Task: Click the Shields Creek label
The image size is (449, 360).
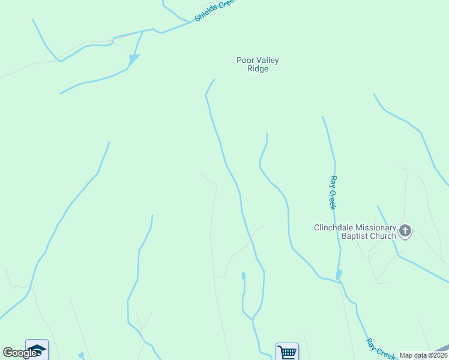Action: [215, 10]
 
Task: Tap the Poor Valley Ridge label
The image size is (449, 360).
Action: [258, 64]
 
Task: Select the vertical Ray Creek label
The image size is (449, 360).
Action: [333, 193]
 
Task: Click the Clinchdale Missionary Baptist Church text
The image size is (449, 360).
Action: [355, 232]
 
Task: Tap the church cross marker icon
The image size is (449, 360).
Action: [405, 230]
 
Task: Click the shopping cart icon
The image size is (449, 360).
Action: [287, 352]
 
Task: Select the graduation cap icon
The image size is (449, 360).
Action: [36, 349]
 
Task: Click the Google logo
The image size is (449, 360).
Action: [19, 353]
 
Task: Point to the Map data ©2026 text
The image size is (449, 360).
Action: [423, 355]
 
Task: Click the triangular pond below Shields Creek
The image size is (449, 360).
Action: [133, 59]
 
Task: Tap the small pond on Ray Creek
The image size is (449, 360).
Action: [339, 274]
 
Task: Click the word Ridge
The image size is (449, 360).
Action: [258, 69]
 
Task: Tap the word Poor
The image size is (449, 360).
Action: [245, 60]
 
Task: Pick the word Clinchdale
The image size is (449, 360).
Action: [333, 227]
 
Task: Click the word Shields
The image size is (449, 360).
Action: [206, 14]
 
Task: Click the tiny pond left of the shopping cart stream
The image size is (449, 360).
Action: [243, 276]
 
